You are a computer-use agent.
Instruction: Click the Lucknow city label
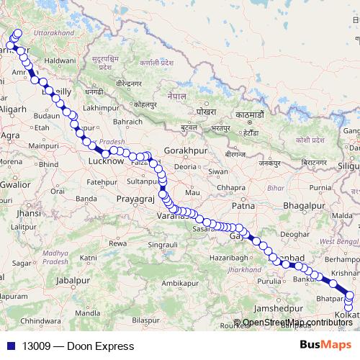pos(105,163)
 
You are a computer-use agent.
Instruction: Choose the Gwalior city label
pos(15,184)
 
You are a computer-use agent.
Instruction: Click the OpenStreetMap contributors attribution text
pos(297,323)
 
